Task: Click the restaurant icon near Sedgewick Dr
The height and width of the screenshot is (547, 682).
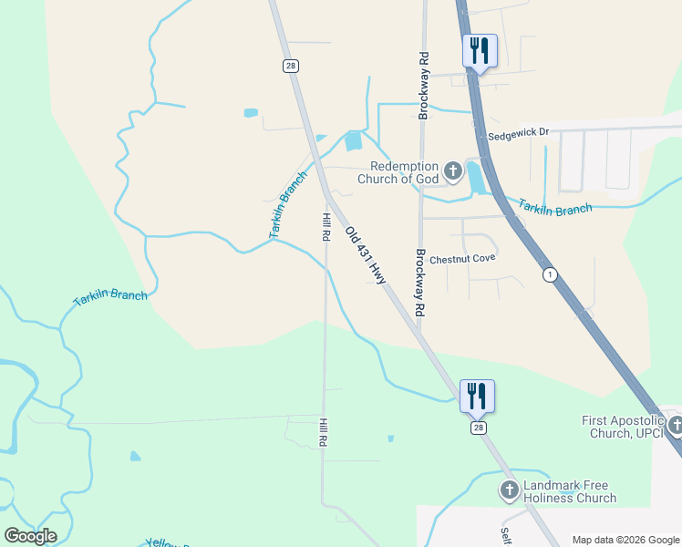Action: click(x=480, y=50)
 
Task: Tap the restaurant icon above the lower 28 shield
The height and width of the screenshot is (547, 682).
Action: click(x=477, y=396)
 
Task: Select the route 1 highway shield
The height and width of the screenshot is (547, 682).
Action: click(x=549, y=273)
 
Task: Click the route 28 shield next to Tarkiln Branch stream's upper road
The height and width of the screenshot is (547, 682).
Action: click(x=290, y=66)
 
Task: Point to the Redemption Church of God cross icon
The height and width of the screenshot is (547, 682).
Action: click(x=452, y=170)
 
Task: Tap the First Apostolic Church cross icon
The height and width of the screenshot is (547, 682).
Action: click(x=675, y=426)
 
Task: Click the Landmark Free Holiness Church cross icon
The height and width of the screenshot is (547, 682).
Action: click(x=509, y=490)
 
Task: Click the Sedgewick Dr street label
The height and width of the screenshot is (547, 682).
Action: click(x=519, y=132)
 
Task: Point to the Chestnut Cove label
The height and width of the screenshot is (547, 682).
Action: click(x=462, y=258)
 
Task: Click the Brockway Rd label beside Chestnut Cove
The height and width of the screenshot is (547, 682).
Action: click(x=420, y=283)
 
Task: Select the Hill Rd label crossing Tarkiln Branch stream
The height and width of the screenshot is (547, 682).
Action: click(x=325, y=226)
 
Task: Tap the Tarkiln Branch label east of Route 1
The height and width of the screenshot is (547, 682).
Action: click(x=555, y=208)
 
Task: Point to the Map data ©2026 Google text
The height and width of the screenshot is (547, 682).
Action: click(x=625, y=540)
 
